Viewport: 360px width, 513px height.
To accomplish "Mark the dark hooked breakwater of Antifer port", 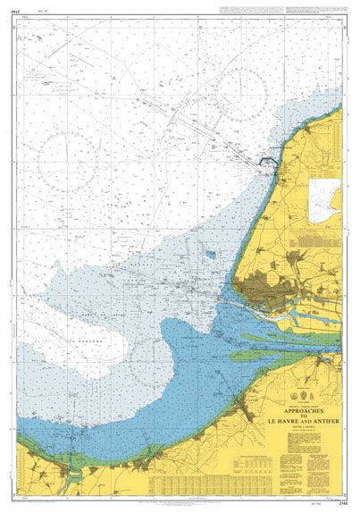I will (267, 161).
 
